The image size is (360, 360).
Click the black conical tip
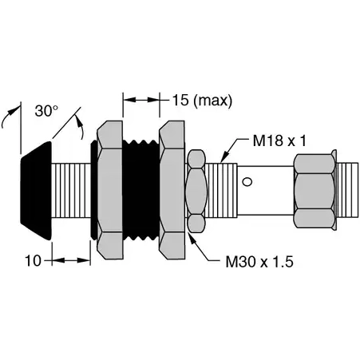[x=36, y=190]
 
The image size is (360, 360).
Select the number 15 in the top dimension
[x=180, y=100]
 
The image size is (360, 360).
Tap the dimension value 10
[x=31, y=259]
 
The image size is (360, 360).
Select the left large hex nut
[x=109, y=190]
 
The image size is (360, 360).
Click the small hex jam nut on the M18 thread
[x=196, y=190]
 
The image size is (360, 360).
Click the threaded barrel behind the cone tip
[x=70, y=190]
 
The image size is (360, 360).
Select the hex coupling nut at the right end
[x=313, y=190]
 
